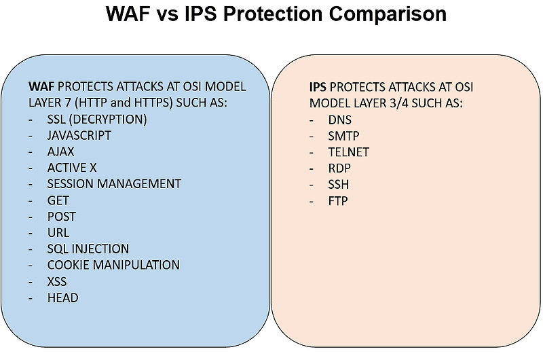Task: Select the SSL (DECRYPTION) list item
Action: click(x=97, y=120)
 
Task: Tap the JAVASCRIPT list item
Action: click(x=79, y=135)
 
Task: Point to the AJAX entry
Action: click(x=60, y=151)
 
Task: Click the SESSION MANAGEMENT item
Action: click(x=114, y=184)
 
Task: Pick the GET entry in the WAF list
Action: click(x=58, y=200)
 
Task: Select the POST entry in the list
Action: click(x=62, y=217)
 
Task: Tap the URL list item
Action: click(x=58, y=232)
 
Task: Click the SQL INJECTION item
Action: click(x=88, y=249)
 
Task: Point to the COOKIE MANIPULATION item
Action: click(x=113, y=265)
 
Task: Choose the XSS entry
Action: click(x=57, y=281)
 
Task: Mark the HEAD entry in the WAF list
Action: click(x=62, y=298)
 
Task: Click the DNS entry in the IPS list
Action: click(x=340, y=120)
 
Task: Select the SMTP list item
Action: click(x=343, y=135)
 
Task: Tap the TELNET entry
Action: click(x=348, y=151)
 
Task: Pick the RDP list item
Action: click(x=339, y=168)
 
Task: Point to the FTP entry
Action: click(x=337, y=200)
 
